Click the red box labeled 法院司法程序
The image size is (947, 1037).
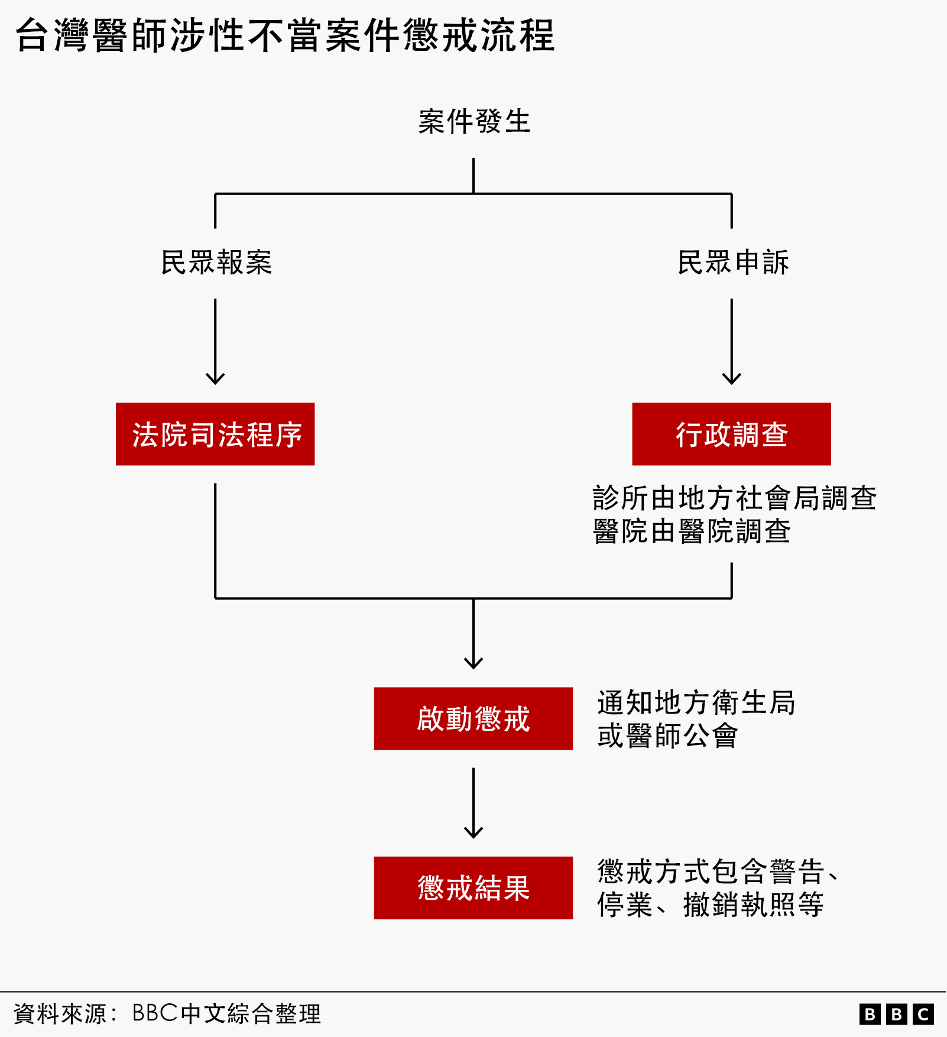[215, 434]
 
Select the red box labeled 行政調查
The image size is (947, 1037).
[731, 434]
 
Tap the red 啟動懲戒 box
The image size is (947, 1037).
[473, 718]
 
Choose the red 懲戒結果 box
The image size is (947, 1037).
[473, 887]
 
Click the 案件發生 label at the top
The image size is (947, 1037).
[473, 122]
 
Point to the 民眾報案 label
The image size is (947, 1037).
[216, 262]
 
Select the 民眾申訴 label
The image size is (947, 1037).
[732, 262]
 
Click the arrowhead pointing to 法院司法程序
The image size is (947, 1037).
[215, 378]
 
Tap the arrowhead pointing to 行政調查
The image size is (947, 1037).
[732, 378]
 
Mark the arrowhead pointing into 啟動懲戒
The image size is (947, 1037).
[473, 663]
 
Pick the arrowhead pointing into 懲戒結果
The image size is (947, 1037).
[473, 832]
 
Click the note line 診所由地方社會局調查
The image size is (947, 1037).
[734, 498]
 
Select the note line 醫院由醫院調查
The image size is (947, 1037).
[691, 531]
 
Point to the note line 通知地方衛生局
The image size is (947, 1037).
[696, 702]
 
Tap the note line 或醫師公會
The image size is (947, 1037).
[667, 735]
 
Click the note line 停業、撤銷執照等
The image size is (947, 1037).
[710, 905]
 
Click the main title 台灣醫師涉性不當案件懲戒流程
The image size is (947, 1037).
[285, 35]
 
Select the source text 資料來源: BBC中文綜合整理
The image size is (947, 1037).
[167, 1013]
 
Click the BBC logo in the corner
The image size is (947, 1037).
[896, 1014]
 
